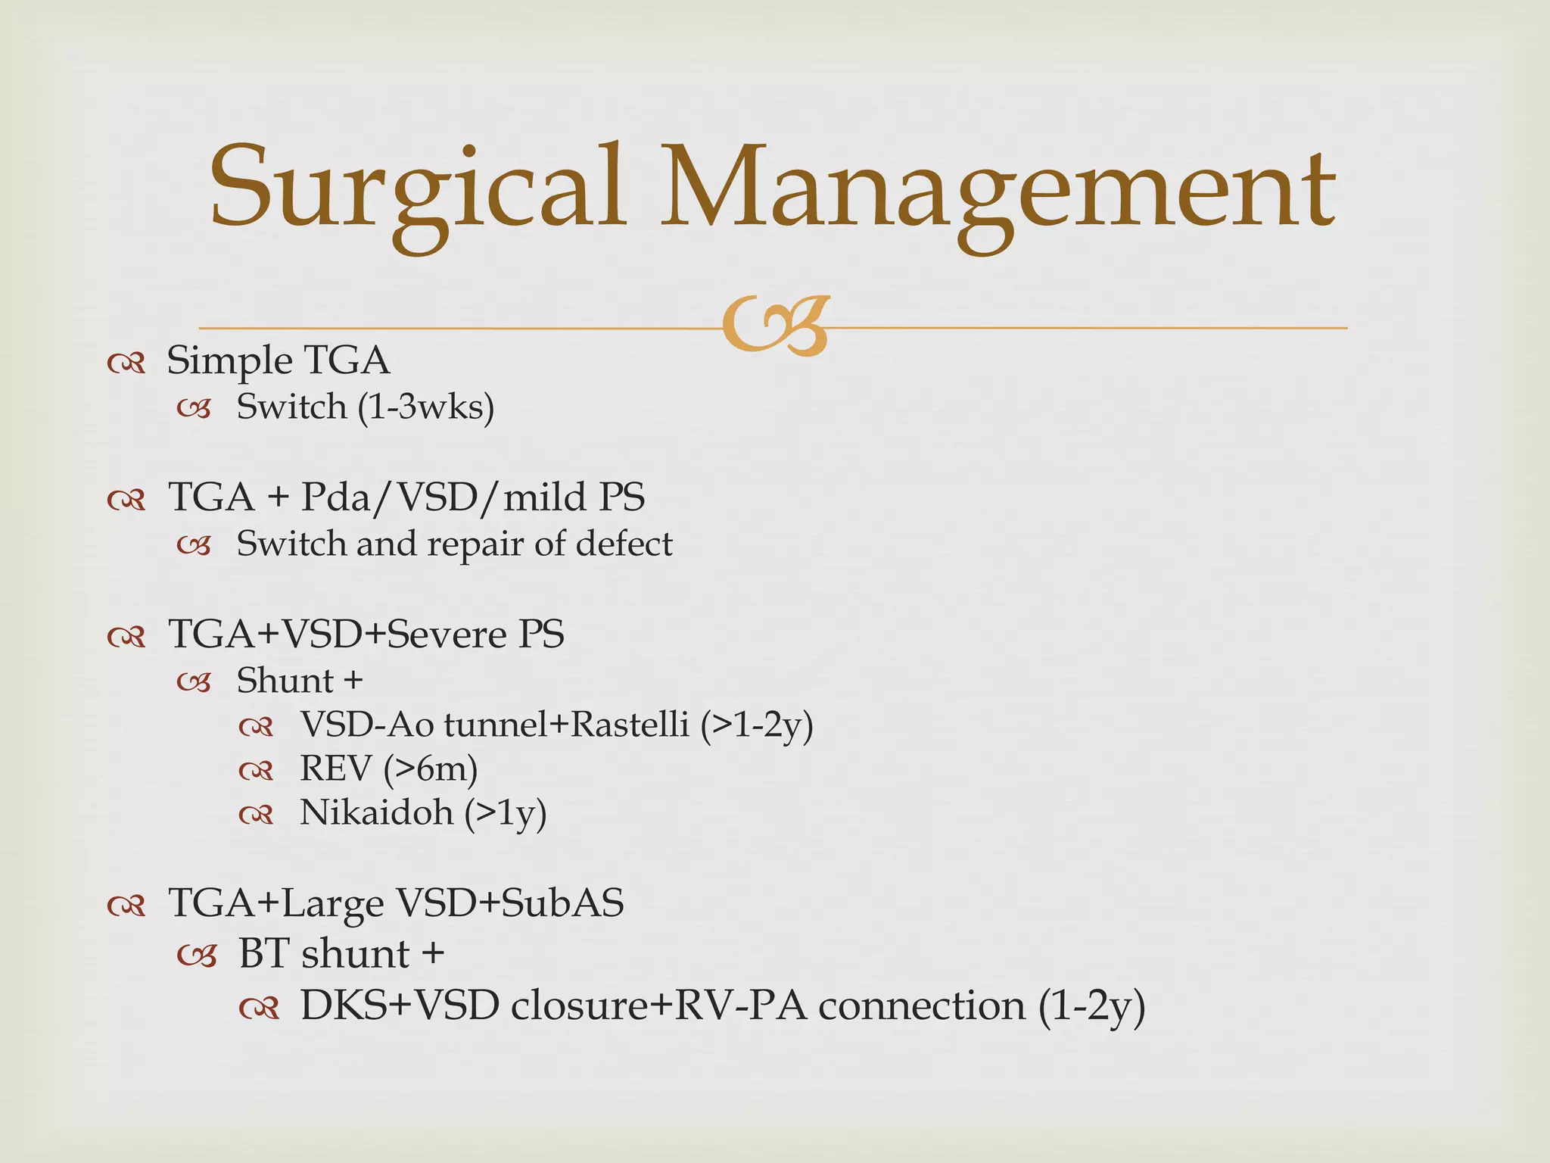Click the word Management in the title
pos(998,189)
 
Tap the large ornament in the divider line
pos(775,326)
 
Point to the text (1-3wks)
pos(426,407)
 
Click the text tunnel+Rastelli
pos(567,725)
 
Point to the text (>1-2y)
pos(757,725)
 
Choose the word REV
pos(335,769)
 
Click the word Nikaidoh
pos(376,813)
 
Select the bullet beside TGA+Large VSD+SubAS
pos(126,906)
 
